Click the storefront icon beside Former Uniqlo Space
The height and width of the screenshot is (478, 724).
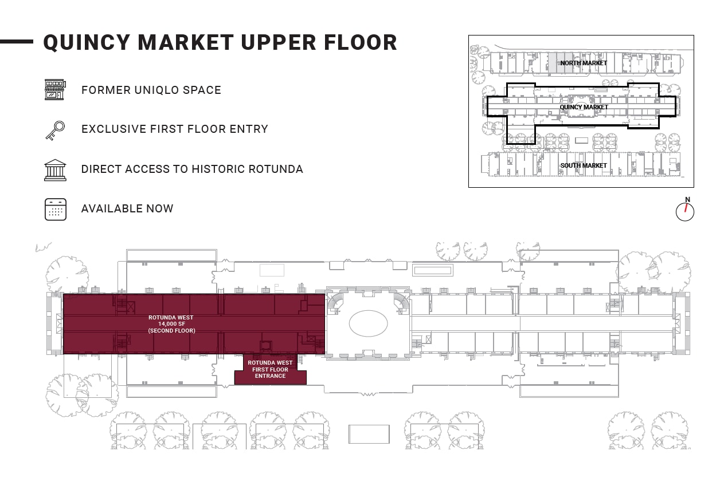(x=54, y=90)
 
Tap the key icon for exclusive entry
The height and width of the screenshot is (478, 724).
(x=55, y=130)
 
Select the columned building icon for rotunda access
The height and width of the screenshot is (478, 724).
(x=55, y=169)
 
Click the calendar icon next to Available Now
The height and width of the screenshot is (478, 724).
(x=56, y=209)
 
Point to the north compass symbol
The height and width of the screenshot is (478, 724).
(x=685, y=210)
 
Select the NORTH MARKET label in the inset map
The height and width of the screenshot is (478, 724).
(x=583, y=63)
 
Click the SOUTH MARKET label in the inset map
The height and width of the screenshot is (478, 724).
(x=583, y=165)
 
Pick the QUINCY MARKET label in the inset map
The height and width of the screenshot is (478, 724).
(x=583, y=107)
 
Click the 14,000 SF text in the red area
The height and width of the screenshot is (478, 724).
(x=171, y=324)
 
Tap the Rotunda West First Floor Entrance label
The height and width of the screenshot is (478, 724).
(x=270, y=369)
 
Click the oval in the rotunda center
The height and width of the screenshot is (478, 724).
(x=368, y=323)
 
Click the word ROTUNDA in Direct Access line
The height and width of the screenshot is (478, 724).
(x=271, y=169)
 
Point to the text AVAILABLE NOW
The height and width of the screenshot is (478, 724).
(x=127, y=209)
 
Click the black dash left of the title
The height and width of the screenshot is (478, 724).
(x=17, y=41)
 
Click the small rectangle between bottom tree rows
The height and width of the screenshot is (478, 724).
(x=369, y=434)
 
